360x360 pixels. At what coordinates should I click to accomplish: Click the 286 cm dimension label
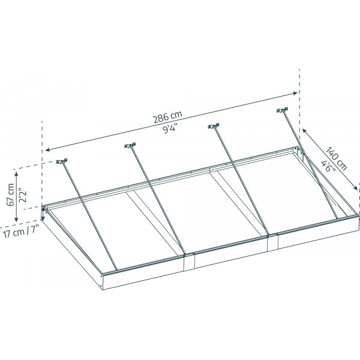click(x=167, y=115)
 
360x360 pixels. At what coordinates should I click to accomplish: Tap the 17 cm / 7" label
click(x=23, y=231)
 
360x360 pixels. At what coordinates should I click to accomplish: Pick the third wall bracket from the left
click(x=213, y=126)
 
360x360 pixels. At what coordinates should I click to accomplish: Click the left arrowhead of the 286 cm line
click(x=46, y=150)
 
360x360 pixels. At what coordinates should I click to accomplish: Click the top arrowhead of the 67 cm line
click(x=18, y=170)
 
